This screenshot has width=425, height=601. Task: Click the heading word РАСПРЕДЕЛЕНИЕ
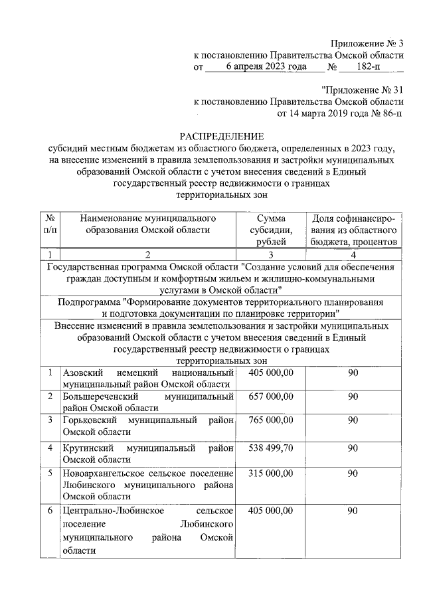222,135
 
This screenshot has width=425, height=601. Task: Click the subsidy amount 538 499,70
270,447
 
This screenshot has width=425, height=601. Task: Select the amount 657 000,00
270,396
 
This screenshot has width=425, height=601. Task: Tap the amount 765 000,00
270,421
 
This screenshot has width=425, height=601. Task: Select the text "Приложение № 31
362,89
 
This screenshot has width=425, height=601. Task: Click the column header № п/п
50,224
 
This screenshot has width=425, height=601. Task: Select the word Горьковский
89,421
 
